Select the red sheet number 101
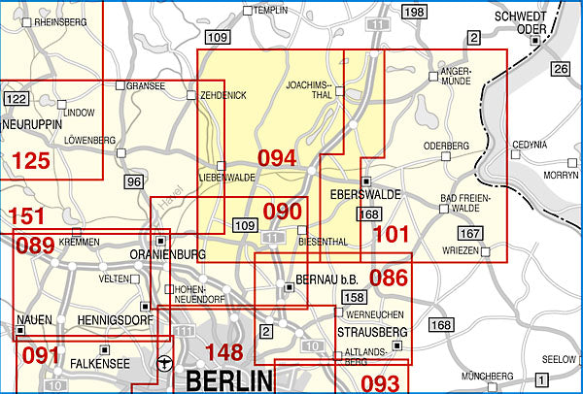tap(392, 234)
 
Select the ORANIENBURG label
tap(168, 255)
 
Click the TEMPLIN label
tap(272, 11)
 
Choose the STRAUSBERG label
tap(371, 332)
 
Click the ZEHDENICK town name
tap(223, 95)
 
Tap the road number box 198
tap(414, 12)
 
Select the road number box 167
tap(471, 233)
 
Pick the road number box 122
tap(17, 99)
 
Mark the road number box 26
tap(560, 69)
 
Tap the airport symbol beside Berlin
tap(164, 366)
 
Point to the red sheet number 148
tap(219, 352)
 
